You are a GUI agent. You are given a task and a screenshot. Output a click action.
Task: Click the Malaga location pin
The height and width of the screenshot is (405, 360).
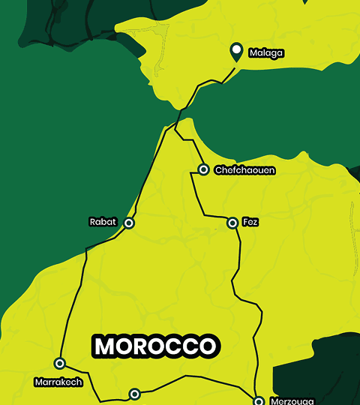click(236, 52)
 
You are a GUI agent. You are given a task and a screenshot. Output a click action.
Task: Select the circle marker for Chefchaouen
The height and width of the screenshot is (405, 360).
click(202, 169)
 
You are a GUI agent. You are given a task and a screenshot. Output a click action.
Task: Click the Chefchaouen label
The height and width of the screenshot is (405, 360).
click(244, 170)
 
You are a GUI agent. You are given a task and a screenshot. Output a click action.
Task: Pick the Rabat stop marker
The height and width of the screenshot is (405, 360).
click(129, 223)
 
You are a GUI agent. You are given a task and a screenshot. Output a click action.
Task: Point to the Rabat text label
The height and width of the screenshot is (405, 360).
click(103, 222)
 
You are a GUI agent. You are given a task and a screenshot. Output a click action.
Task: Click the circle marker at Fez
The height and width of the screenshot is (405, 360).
click(232, 223)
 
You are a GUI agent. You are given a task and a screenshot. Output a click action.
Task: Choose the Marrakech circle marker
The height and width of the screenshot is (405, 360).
click(60, 363)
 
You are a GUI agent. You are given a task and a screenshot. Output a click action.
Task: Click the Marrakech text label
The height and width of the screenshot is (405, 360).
click(57, 382)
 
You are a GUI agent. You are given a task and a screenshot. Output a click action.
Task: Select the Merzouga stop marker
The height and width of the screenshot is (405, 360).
click(258, 401)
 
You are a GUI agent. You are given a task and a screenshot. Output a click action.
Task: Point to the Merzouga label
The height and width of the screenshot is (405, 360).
click(289, 401)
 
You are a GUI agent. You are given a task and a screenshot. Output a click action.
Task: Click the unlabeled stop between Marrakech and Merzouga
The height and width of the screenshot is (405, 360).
click(134, 393)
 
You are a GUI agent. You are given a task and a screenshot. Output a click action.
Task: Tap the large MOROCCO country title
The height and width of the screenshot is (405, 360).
click(156, 346)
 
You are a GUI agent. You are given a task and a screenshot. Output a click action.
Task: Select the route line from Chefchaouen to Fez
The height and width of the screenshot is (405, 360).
click(198, 196)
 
